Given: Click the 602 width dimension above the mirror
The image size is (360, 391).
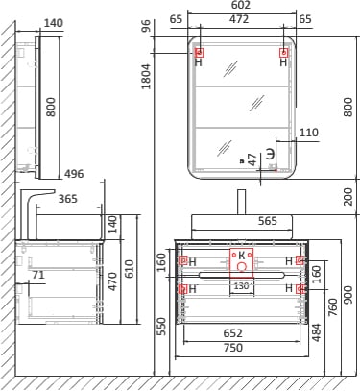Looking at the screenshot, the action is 241,5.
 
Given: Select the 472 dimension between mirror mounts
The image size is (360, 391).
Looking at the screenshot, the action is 239,19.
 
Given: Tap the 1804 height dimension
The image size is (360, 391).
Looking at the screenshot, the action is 146,77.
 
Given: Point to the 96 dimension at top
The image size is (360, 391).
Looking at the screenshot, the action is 146,26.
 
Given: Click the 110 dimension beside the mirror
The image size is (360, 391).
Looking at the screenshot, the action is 309,133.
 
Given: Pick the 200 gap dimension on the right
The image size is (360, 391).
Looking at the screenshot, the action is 348,196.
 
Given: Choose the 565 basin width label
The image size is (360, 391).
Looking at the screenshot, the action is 268,221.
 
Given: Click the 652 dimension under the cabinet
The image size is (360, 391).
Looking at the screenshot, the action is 233,333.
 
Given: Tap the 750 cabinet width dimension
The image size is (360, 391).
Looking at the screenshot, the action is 233,348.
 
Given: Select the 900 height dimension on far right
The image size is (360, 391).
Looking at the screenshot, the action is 348,295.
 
